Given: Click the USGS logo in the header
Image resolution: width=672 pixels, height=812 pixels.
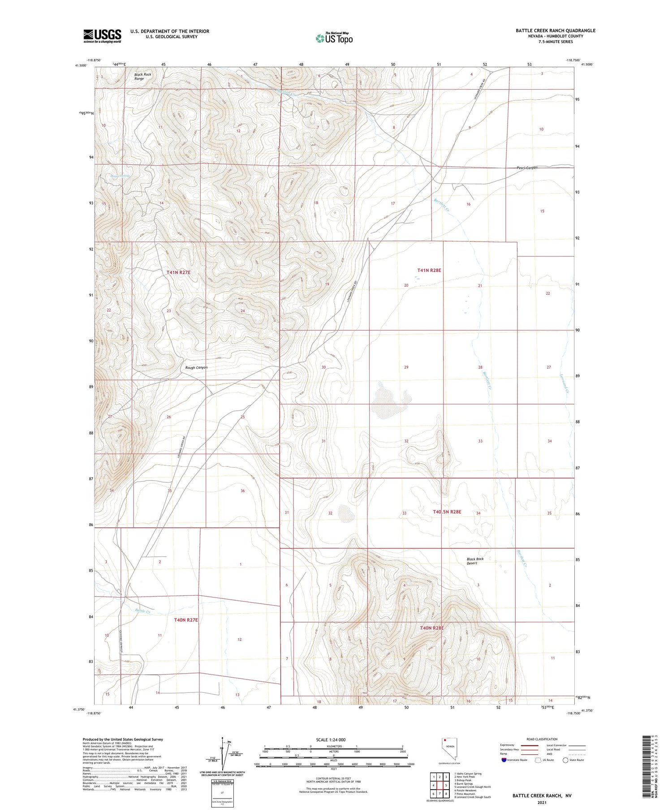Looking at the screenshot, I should [x=102, y=36].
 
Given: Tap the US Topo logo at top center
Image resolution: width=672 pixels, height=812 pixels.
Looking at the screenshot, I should [x=334, y=39].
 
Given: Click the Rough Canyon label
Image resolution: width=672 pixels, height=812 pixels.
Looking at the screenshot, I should [x=196, y=367].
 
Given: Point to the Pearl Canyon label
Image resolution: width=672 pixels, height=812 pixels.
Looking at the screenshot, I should [x=527, y=168].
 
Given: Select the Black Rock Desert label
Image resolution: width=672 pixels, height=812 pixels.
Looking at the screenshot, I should [x=475, y=561].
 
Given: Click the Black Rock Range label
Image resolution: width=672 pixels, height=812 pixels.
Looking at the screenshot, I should [x=139, y=77].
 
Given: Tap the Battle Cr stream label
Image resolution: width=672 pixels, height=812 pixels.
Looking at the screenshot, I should [x=143, y=611].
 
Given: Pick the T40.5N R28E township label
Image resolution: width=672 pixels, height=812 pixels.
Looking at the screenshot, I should [x=447, y=511].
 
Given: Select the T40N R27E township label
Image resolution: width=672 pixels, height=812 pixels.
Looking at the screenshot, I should [x=185, y=620].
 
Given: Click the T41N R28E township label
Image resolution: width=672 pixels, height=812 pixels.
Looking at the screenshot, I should [x=429, y=270].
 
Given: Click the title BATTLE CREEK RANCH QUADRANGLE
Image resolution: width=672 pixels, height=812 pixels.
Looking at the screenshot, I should [x=555, y=30].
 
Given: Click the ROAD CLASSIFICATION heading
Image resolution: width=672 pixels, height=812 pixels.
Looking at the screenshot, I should [x=542, y=739].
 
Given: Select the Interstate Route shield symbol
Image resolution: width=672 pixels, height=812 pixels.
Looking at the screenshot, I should [x=504, y=760].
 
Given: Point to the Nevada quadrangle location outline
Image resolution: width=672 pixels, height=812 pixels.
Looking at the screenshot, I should [x=450, y=750].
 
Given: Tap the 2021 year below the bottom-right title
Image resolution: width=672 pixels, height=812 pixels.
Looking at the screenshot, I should [x=543, y=803].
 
